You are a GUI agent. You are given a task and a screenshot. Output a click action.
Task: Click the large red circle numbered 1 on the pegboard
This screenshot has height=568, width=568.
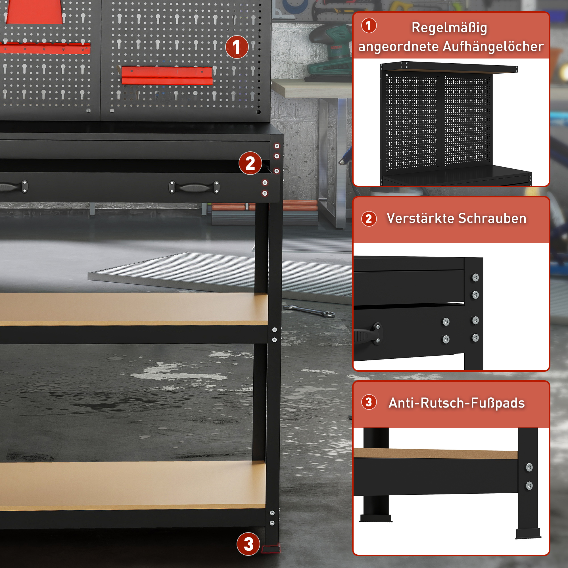(237, 47)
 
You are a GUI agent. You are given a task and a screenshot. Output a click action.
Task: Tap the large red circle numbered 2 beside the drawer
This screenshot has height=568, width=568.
(250, 163)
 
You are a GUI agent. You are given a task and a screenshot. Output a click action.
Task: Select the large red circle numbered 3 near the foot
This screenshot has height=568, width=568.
(248, 544)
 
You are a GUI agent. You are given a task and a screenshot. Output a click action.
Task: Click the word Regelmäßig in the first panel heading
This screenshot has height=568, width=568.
(449, 28)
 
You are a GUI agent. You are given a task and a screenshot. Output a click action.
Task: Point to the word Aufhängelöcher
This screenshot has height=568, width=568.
(493, 47)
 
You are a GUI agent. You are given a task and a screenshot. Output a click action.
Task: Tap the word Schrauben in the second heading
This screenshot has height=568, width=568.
(492, 218)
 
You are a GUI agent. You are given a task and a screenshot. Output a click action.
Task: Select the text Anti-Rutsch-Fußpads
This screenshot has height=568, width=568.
(457, 403)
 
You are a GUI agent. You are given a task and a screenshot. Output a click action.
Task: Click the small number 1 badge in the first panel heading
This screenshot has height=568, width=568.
(369, 26)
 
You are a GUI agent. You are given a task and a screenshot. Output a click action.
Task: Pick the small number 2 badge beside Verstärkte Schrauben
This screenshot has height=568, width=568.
(369, 219)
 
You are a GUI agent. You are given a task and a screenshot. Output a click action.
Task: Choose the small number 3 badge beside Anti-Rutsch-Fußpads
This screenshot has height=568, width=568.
(369, 402)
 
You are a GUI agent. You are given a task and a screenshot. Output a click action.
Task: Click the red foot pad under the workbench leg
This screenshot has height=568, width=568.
(271, 549)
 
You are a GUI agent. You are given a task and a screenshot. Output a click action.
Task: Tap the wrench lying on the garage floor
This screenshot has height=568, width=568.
(309, 311)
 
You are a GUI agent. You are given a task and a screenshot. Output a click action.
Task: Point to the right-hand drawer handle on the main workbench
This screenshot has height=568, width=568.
(194, 187)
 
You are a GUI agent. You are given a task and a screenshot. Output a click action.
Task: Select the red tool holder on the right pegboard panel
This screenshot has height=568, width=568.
(167, 76)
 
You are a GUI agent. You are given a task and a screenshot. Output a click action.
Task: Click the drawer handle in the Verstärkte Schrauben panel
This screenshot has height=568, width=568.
(367, 334)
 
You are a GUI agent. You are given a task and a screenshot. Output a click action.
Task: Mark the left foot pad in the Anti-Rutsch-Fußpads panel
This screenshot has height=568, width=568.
(376, 518)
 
